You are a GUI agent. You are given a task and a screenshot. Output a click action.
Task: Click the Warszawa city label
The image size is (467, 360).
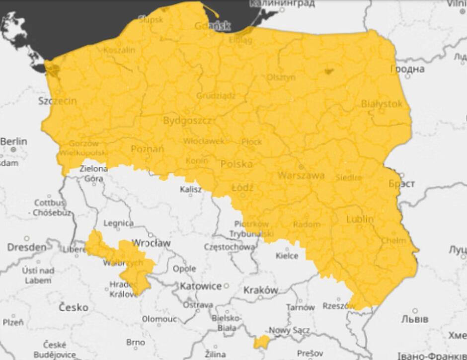(301, 175)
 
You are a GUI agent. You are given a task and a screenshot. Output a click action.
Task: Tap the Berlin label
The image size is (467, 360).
(13, 142)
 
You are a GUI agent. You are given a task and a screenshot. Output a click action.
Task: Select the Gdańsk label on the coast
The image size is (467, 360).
(213, 26)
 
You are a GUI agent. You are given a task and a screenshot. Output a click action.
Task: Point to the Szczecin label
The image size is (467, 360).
(58, 101)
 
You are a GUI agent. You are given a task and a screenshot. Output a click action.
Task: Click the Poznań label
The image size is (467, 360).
(147, 149)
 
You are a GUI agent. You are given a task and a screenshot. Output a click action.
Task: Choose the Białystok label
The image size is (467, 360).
(381, 104)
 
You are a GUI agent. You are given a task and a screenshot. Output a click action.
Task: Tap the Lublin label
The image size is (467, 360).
(360, 219)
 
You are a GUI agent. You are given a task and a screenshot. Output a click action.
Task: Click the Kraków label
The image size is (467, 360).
(260, 290)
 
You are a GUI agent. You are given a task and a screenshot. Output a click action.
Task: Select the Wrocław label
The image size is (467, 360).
(151, 243)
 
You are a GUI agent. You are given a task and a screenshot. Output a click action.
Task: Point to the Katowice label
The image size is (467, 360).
(201, 286)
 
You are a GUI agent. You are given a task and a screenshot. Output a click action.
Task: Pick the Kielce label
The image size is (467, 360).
(287, 256)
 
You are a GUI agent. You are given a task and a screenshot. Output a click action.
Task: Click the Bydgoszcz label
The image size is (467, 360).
(187, 121)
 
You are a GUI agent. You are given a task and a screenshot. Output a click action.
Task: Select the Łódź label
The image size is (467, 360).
(242, 188)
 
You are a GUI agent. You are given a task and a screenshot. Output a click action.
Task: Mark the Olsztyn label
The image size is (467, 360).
(281, 77)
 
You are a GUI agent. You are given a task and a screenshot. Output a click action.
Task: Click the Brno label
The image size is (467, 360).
(135, 342)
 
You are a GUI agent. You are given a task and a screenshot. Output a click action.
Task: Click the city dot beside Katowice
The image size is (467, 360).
(227, 286)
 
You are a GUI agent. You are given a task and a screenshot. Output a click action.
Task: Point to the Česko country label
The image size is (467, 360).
(74, 307)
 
